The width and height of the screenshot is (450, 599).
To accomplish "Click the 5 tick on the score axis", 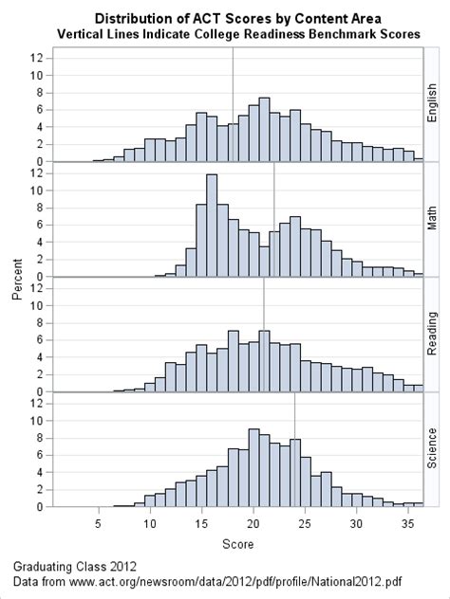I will pos(98,523).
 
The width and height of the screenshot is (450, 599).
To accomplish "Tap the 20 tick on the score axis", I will pos(253,523).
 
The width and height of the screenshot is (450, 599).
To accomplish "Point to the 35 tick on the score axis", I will pos(407,523).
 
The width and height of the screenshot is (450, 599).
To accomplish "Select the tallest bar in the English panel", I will pos(263,130).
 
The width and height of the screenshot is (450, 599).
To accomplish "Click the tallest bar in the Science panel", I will pos(253,468).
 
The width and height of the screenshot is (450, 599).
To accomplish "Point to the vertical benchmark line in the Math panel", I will pos(273,190).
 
